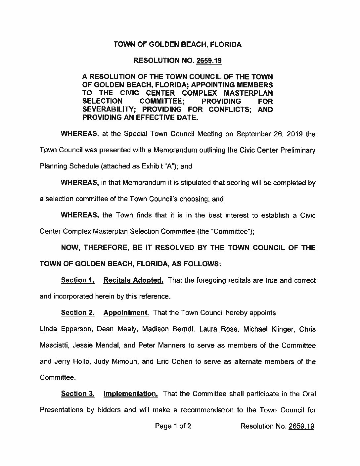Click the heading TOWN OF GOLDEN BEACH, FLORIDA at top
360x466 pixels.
pyautogui.click(x=178, y=44)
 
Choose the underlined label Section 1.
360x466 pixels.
pyautogui.click(x=78, y=280)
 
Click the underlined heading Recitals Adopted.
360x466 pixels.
pyautogui.click(x=133, y=280)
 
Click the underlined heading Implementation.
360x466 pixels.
pyautogui.click(x=130, y=394)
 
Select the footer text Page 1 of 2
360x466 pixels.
pyautogui.click(x=173, y=426)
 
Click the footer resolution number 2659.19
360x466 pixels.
pyautogui.click(x=301, y=426)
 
